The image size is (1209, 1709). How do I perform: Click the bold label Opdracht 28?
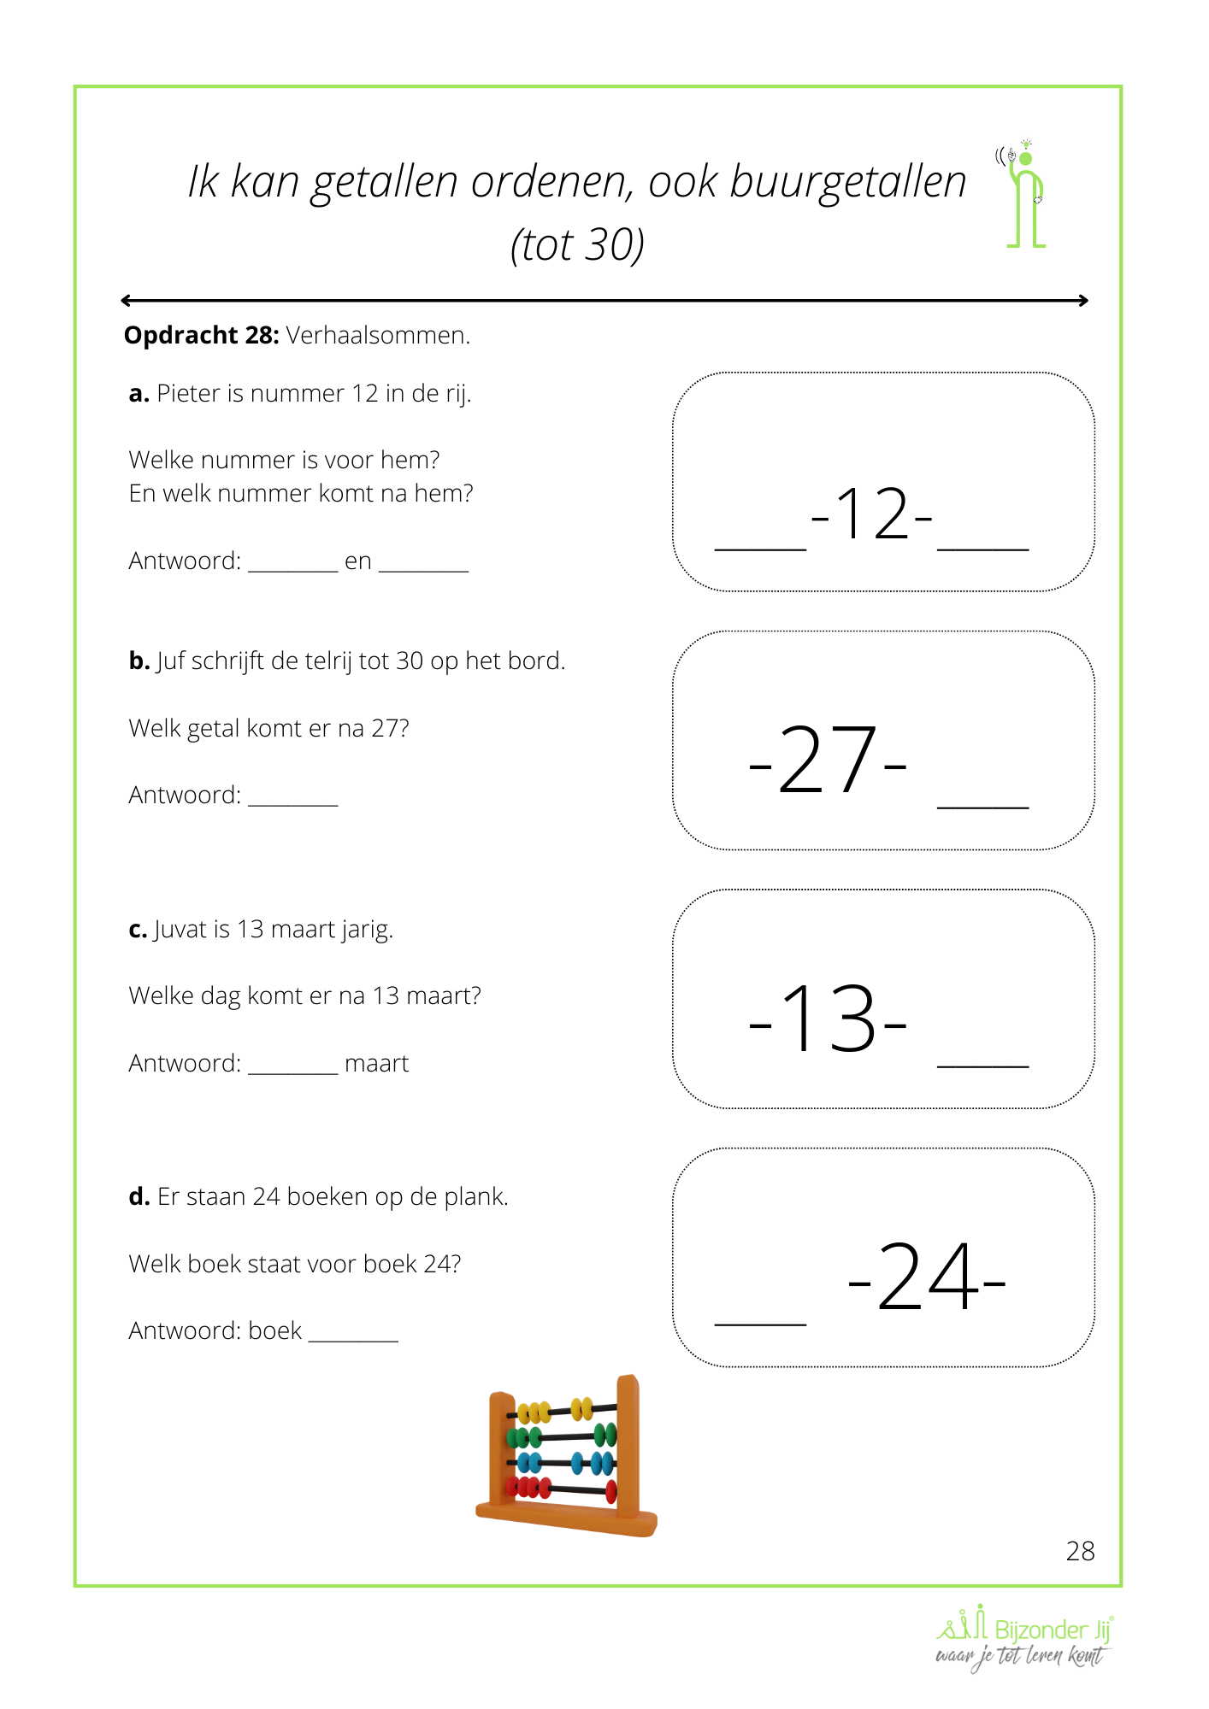tap(201, 335)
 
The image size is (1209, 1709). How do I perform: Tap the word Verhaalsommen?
tap(377, 335)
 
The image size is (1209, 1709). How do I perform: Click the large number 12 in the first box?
tap(871, 514)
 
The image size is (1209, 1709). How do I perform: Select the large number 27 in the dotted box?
tap(828, 760)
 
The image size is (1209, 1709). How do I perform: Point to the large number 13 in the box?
tap(828, 1018)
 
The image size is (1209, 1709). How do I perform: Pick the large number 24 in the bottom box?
tap(927, 1277)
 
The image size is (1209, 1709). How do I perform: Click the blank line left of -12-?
tap(760, 547)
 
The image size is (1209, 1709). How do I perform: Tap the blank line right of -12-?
tap(982, 547)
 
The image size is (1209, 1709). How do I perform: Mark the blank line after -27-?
tap(982, 804)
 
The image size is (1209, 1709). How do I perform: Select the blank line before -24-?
tap(760, 1321)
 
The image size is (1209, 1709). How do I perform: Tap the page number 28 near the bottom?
tap(1080, 1551)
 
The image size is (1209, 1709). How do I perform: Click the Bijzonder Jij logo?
tap(1024, 1637)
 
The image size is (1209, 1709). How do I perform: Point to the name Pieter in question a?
tap(188, 393)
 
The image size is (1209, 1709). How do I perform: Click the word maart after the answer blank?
tap(376, 1063)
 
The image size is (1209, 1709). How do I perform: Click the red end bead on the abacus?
tap(611, 1491)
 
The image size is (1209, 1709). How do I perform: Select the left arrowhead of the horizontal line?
tap(127, 300)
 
